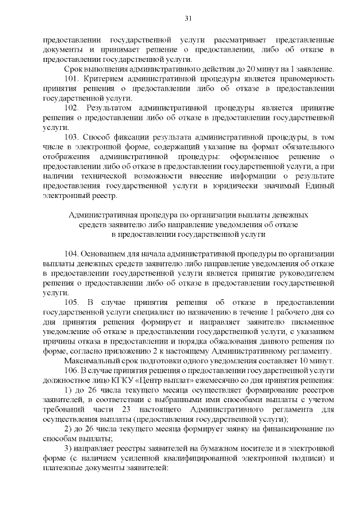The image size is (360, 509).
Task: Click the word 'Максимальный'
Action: pos(93,361)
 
